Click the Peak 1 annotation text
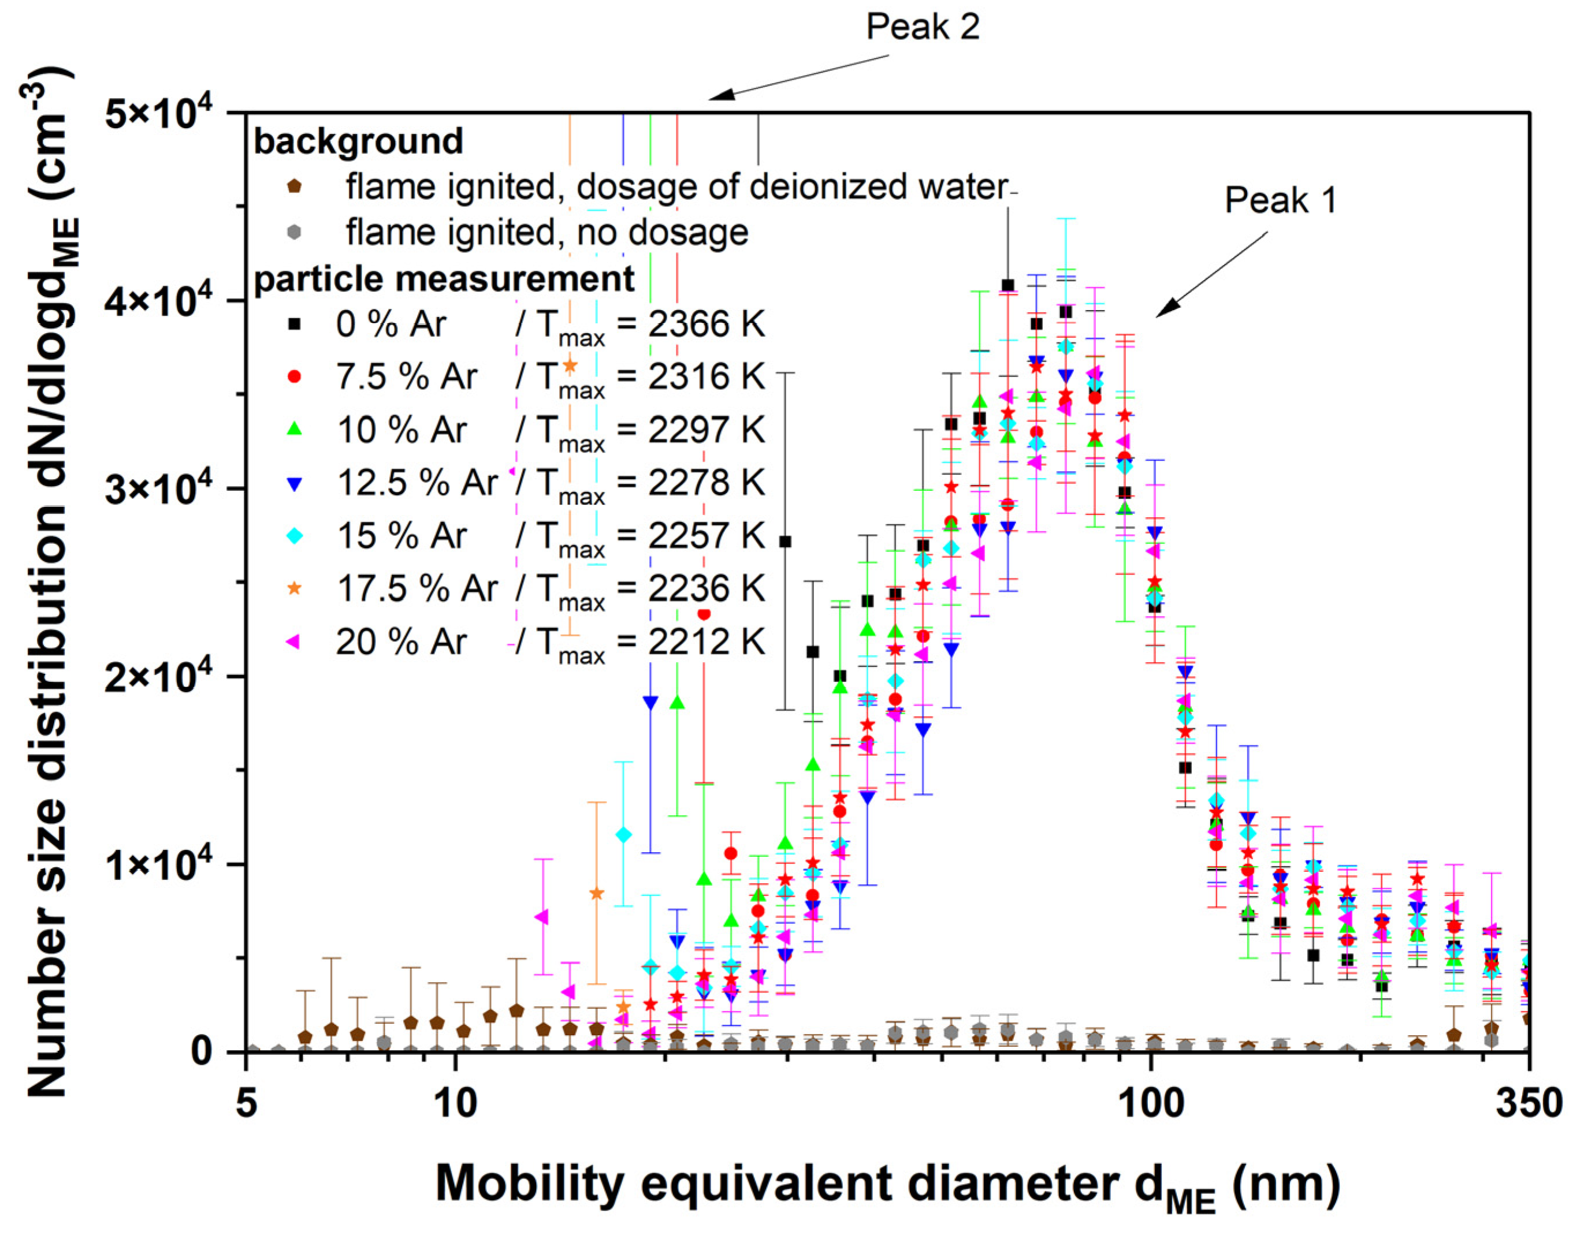1280,200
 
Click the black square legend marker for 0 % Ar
295,324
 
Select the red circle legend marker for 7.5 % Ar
295,377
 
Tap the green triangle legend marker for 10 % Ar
295,430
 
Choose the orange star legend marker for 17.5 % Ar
295,588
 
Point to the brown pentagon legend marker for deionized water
294,186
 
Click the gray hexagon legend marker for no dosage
294,232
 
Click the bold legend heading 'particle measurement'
444,279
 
